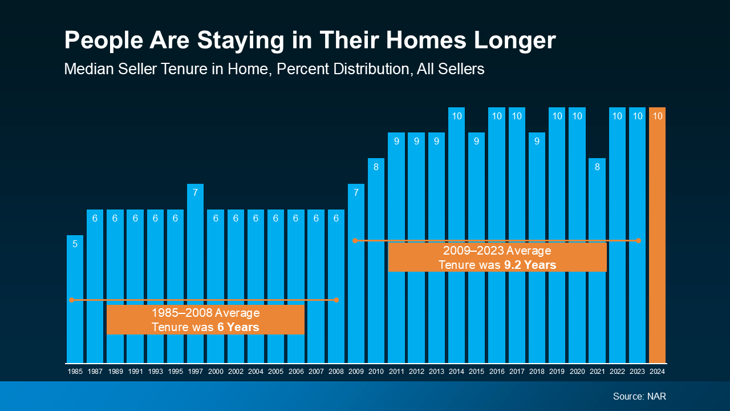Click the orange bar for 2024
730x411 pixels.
tap(657, 240)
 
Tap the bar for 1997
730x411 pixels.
tap(195, 274)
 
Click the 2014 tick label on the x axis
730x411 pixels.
tap(456, 372)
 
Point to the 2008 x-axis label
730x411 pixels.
tap(336, 372)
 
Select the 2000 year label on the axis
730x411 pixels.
tap(216, 372)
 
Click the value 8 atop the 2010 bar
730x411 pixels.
tap(376, 167)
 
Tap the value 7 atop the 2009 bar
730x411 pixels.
tap(356, 193)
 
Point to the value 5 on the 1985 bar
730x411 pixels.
tap(75, 244)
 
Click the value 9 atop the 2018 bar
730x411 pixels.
tap(537, 142)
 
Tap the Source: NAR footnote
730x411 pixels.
tap(639, 396)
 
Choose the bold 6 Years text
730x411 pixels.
tap(238, 327)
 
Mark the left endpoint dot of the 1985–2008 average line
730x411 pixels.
tap(72, 300)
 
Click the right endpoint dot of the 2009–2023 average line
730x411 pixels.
tap(639, 240)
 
